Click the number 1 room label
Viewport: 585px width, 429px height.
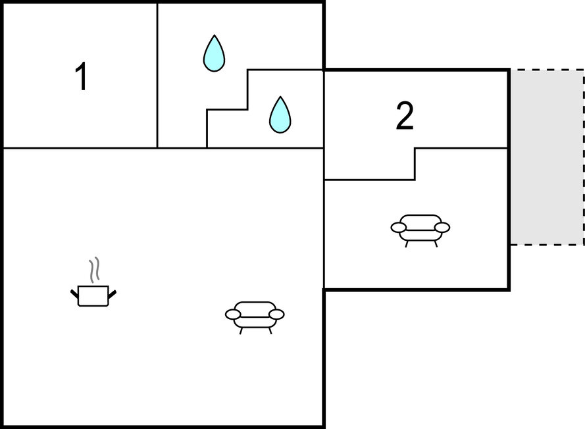(x=82, y=76)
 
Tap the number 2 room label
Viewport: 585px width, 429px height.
(x=405, y=116)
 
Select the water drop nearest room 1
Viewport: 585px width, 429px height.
(x=214, y=53)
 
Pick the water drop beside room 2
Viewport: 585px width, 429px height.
(x=280, y=115)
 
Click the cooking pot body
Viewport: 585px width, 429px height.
(x=93, y=296)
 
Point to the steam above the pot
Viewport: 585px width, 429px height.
(x=94, y=269)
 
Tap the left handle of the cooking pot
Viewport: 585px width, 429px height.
(x=74, y=294)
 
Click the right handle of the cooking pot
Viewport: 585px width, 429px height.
(x=112, y=294)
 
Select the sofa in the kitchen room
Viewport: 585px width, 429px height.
(x=255, y=317)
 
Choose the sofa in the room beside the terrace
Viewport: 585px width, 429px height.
(x=420, y=230)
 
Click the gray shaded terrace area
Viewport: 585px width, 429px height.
(x=547, y=157)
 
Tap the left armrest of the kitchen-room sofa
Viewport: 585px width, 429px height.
(x=233, y=315)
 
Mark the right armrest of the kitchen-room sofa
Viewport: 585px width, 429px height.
(x=276, y=315)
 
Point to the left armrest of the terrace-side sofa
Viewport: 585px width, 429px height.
(x=399, y=228)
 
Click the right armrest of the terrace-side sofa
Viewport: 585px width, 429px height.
(x=442, y=228)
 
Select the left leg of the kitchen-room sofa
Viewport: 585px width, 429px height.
(x=241, y=331)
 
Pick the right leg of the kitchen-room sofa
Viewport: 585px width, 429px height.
(x=270, y=331)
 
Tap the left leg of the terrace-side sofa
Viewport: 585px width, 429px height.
(x=407, y=244)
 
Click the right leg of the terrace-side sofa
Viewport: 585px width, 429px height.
(x=436, y=244)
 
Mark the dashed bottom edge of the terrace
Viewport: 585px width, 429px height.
(x=547, y=245)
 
